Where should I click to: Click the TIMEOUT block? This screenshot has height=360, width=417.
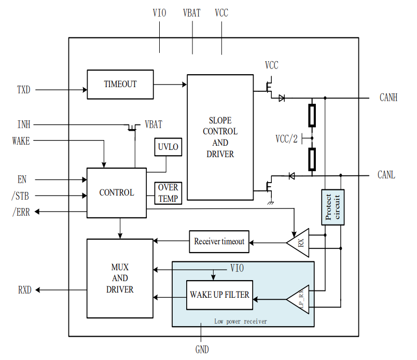(120, 84)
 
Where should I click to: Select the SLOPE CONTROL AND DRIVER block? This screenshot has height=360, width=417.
(220, 137)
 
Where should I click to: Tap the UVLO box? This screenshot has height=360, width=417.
(168, 147)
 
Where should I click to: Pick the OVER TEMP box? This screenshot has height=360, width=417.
(168, 193)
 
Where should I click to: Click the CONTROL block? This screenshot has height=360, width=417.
(117, 192)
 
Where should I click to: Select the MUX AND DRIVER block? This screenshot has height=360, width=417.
(120, 278)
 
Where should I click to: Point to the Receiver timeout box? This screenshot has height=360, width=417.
(219, 242)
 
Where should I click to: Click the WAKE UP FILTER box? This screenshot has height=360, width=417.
(219, 295)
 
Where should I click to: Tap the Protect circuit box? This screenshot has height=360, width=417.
(332, 207)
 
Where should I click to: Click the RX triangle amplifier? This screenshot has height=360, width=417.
(299, 242)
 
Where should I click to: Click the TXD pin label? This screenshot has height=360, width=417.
(24, 90)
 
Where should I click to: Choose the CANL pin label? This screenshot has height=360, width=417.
(386, 175)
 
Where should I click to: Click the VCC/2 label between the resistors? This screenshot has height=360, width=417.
(286, 139)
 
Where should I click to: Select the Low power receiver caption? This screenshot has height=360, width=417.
(241, 322)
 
